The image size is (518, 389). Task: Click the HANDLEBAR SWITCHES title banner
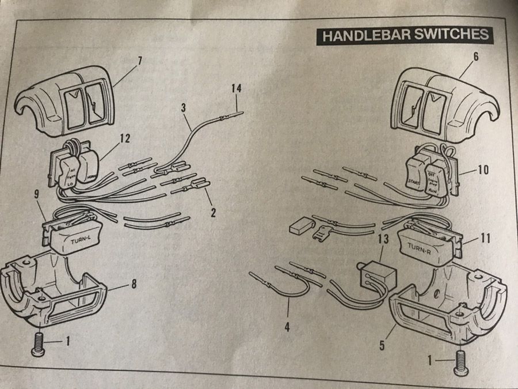coord(405,35)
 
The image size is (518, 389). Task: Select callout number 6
coord(475,56)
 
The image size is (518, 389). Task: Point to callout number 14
coord(236,89)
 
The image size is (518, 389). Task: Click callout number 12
coord(125,138)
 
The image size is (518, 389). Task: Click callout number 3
coord(183,107)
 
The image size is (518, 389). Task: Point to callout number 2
coord(212,213)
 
